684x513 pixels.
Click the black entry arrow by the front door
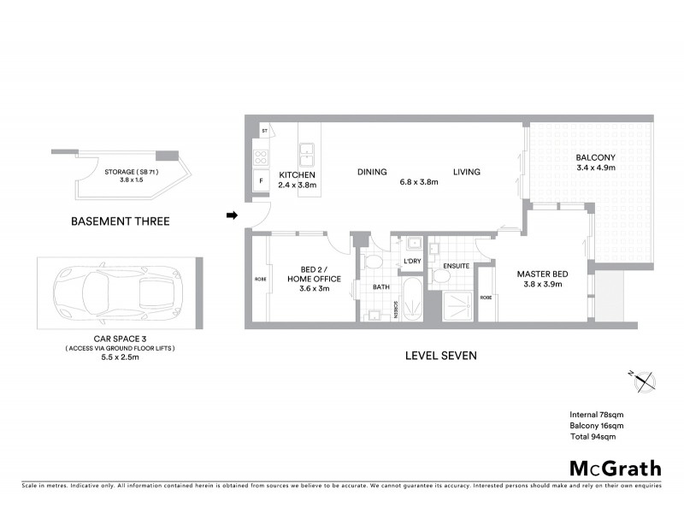231,215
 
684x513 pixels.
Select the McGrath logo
615,468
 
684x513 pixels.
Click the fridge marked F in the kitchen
260,182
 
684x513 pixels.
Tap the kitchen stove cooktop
260,156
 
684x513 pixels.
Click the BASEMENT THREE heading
120,221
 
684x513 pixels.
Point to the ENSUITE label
456,266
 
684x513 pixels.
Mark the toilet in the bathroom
374,262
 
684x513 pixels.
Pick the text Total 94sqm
593,436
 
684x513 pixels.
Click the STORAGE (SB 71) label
132,172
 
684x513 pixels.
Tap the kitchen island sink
306,153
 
